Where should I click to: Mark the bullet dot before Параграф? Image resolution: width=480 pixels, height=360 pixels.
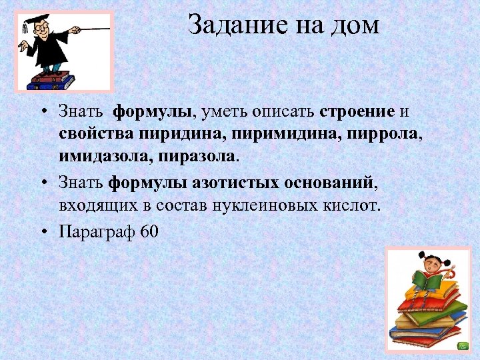[43, 231]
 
